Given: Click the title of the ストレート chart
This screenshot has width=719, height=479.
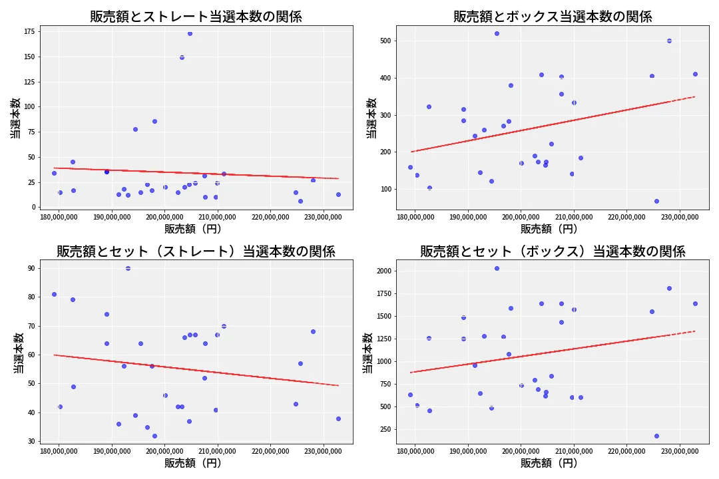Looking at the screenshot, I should [196, 17].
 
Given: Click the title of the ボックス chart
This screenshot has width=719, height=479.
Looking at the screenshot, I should [553, 17].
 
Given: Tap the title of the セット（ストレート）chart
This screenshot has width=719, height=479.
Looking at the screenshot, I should [196, 251].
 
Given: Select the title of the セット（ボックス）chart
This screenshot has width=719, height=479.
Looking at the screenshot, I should [553, 251].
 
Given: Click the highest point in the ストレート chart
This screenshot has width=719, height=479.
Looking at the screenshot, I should [190, 33].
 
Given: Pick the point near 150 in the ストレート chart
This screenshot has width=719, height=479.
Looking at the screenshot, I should [182, 57].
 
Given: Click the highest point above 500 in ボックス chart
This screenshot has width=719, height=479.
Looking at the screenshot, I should [497, 33].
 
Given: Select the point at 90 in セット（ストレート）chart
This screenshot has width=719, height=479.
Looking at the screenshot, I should [128, 268].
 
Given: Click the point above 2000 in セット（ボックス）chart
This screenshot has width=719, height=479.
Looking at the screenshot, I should [497, 268].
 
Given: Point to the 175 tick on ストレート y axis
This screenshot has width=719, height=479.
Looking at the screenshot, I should [29, 31].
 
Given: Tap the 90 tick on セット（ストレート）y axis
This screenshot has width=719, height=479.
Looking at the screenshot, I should [31, 268].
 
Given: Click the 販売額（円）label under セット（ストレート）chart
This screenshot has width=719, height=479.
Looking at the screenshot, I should [196, 464].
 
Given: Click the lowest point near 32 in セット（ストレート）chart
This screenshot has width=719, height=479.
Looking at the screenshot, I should [154, 436].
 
